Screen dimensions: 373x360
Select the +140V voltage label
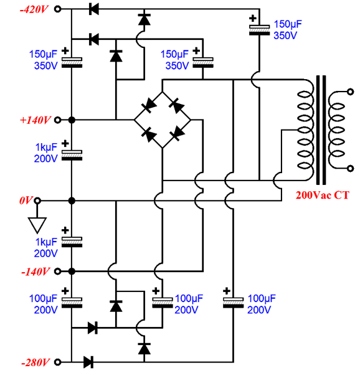[x=36, y=120]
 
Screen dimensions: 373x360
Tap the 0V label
[x=26, y=201]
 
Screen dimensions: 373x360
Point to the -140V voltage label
[x=36, y=271]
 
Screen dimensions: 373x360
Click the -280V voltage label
[x=36, y=361]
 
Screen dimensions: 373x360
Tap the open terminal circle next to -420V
[x=59, y=9]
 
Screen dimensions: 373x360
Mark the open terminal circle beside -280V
[x=59, y=361]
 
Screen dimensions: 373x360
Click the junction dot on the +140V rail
[x=72, y=120]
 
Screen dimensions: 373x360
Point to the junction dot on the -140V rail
[x=72, y=271]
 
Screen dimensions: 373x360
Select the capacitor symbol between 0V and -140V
[x=72, y=239]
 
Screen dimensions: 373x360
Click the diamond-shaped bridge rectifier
[x=162, y=120]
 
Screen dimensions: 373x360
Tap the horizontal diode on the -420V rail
[x=94, y=9]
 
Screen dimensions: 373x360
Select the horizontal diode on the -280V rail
[x=88, y=361]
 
